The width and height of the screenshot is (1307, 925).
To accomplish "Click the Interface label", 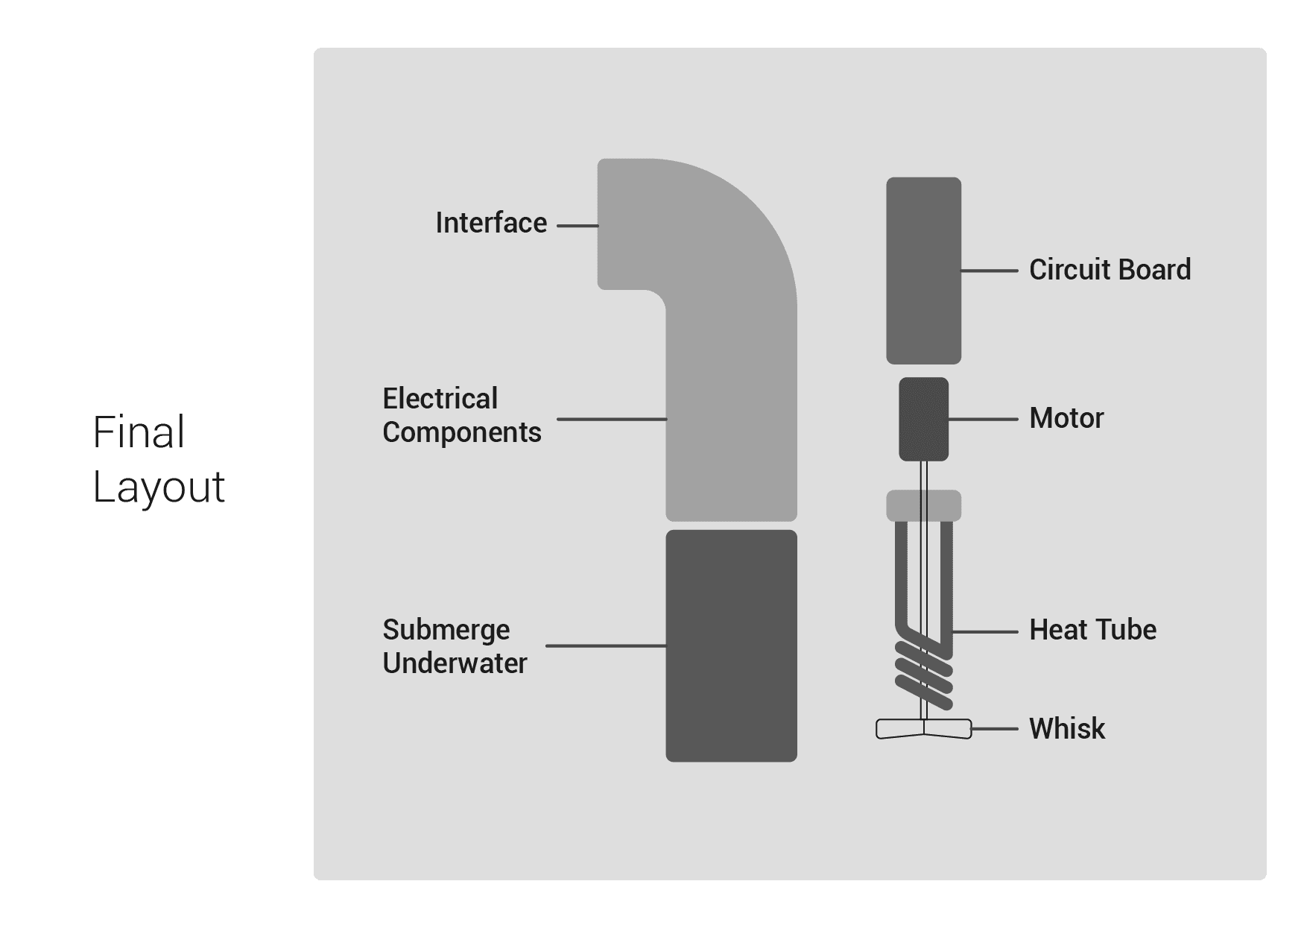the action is click(491, 223).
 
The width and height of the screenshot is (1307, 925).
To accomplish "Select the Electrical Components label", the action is click(461, 415).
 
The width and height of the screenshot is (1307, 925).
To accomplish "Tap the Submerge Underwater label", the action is click(455, 646).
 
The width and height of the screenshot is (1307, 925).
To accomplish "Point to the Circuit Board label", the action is click(1110, 270).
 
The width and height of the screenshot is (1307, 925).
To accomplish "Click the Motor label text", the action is click(1066, 418).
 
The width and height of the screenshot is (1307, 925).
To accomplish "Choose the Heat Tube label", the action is click(1092, 630).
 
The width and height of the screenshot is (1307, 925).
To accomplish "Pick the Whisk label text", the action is click(1067, 728).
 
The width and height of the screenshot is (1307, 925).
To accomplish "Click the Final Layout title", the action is click(158, 459).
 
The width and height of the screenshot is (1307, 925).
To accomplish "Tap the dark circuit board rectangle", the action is click(923, 270).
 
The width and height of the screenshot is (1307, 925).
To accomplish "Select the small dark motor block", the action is click(923, 419).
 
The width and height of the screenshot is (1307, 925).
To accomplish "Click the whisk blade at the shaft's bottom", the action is click(923, 728).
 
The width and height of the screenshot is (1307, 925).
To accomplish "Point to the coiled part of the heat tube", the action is click(924, 675).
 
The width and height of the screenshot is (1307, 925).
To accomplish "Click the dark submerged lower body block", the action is click(731, 645).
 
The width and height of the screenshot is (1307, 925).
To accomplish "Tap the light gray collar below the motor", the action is click(923, 505).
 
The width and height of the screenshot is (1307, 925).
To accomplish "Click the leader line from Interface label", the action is click(577, 225).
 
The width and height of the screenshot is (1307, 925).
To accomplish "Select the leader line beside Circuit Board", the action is click(989, 271).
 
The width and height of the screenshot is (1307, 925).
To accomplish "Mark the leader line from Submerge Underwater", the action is click(606, 645).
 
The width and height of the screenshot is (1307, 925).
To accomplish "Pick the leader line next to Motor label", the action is click(983, 420).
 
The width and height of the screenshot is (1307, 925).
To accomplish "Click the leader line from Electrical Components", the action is click(612, 419).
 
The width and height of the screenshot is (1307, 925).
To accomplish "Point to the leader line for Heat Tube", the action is click(985, 631).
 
